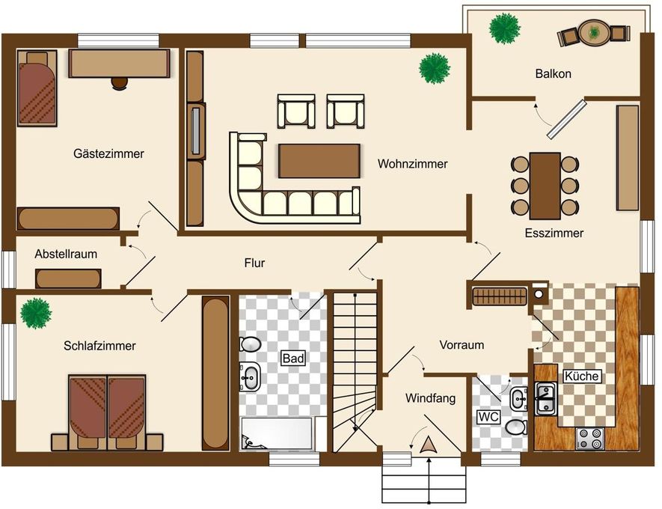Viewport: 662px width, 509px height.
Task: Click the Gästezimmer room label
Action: point(108,153)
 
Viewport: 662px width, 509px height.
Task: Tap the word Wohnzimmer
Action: point(412,164)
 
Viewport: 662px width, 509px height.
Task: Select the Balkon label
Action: point(553,74)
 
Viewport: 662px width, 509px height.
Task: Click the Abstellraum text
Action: point(66,254)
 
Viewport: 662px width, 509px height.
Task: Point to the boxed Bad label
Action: point(293,359)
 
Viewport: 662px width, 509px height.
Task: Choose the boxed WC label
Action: point(488,417)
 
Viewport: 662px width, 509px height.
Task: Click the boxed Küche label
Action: point(582,376)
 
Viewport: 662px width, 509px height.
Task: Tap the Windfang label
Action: point(430,398)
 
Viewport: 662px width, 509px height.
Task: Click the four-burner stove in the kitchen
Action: point(589,439)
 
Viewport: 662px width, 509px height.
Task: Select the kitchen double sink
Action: point(546,398)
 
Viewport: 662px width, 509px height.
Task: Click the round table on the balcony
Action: point(594,32)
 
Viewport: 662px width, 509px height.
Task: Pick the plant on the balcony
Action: point(504,28)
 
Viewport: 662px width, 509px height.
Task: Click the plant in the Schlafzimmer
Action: point(37,313)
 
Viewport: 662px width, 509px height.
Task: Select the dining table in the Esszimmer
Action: point(545,186)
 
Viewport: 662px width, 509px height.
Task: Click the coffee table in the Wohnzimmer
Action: point(319,161)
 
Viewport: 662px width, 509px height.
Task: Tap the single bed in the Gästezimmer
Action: point(37,88)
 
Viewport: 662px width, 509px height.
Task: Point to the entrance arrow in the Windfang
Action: point(429,445)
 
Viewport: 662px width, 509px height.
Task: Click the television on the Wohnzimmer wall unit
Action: point(195,131)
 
